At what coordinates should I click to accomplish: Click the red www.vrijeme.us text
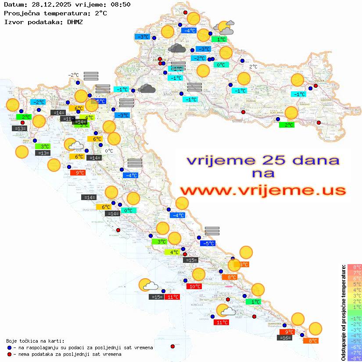click(x=262, y=190)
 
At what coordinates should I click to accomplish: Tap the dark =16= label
click(x=285, y=338)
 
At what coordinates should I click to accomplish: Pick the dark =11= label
click(x=68, y=119)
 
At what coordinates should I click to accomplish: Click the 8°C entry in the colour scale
click(x=354, y=267)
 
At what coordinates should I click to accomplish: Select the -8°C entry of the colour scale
click(x=354, y=358)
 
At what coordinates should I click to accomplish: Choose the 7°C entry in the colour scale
click(x=354, y=272)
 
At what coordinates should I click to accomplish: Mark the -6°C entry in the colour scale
click(x=354, y=347)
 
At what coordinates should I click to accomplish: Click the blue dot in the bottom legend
click(x=9, y=348)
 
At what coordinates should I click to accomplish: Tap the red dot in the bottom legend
click(x=9, y=354)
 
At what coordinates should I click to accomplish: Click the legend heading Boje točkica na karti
click(x=35, y=341)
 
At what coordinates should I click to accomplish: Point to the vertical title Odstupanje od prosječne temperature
click(x=344, y=312)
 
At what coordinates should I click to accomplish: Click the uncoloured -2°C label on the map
click(x=73, y=75)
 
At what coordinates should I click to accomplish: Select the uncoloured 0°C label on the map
click(x=109, y=151)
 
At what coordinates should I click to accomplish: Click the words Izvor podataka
click(x=30, y=22)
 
